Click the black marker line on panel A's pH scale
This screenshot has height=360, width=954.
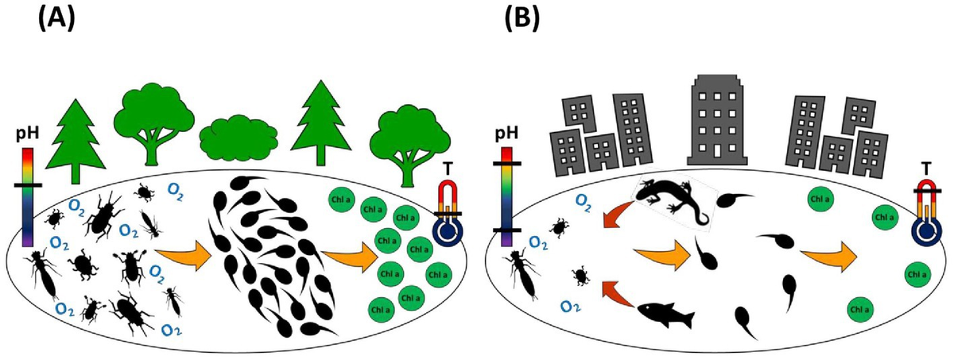tap(27, 186)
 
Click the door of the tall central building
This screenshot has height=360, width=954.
tap(719, 150)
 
